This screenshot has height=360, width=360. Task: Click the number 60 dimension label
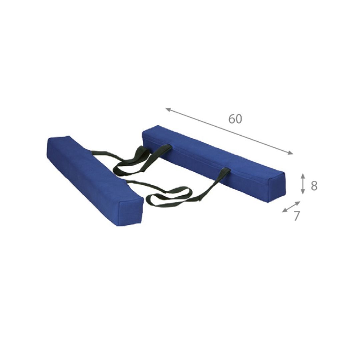[235, 119]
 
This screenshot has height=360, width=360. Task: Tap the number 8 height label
[314, 186]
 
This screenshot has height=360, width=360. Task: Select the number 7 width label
[297, 216]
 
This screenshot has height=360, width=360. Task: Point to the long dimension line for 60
[229, 131]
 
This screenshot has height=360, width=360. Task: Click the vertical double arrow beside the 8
[303, 184]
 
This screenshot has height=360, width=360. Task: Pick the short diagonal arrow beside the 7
[291, 207]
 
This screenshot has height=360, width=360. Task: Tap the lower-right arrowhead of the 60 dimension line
[291, 153]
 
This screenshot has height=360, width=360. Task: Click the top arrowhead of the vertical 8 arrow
[303, 175]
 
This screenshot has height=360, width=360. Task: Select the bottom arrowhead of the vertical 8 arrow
[303, 192]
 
